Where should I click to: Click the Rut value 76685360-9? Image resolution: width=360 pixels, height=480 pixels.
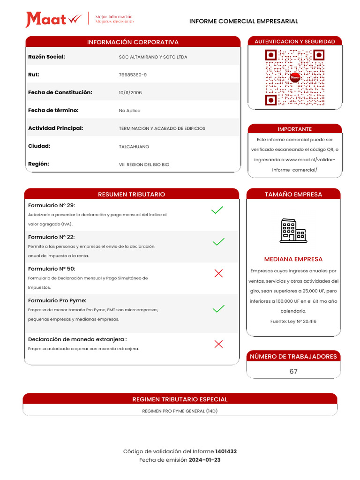pyautogui.click(x=133, y=75)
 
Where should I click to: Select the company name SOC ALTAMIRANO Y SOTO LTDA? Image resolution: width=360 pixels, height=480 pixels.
pyautogui.click(x=153, y=57)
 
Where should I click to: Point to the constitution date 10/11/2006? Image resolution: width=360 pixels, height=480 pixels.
pyautogui.click(x=130, y=93)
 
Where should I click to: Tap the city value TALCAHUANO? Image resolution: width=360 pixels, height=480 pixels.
pyautogui.click(x=134, y=147)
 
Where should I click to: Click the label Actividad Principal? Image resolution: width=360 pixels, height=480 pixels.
pyautogui.click(x=55, y=128)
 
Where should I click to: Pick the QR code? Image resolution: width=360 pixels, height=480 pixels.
pyautogui.click(x=294, y=78)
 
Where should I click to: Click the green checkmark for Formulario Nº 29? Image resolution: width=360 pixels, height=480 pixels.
pyautogui.click(x=217, y=210)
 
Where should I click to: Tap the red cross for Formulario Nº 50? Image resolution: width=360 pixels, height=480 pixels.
pyautogui.click(x=218, y=274)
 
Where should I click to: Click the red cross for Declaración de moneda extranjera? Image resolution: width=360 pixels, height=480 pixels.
pyautogui.click(x=218, y=344)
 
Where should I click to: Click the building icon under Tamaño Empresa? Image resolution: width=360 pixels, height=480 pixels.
pyautogui.click(x=293, y=231)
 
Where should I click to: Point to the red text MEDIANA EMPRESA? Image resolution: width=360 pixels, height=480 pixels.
pyautogui.click(x=293, y=259)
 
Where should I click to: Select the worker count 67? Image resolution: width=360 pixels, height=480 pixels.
pyautogui.click(x=293, y=371)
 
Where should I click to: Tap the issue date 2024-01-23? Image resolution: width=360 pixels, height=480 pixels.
pyautogui.click(x=204, y=460)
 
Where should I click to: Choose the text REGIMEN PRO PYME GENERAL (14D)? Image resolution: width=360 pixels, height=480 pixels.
pyautogui.click(x=180, y=411)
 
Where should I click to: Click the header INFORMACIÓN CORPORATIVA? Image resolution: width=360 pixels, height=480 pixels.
pyautogui.click(x=133, y=42)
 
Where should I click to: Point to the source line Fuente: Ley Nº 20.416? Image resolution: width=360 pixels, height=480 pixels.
pyautogui.click(x=293, y=322)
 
